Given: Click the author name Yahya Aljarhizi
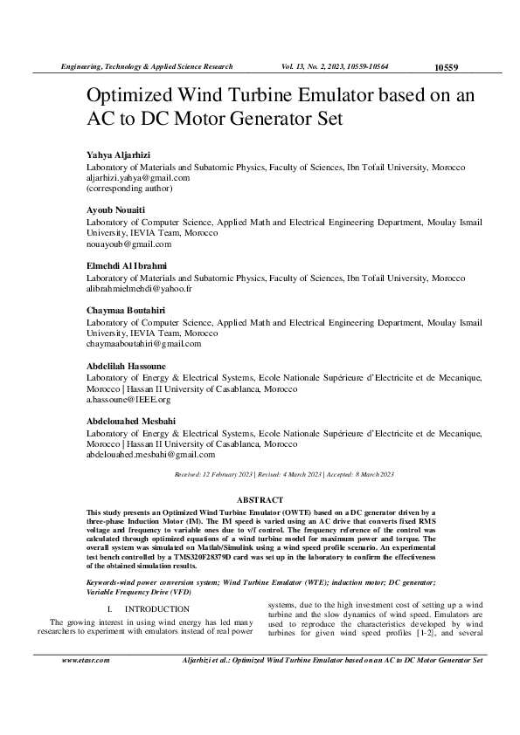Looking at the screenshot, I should tap(118, 155).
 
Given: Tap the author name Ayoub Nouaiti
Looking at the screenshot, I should tap(115, 210).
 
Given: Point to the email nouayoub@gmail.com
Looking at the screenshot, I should tap(128, 244).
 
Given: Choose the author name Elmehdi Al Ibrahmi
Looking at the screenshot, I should tap(127, 265).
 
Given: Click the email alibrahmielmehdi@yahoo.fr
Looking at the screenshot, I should tap(139, 288).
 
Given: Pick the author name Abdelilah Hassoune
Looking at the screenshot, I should tap(126, 366).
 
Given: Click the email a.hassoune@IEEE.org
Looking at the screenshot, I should tap(128, 400).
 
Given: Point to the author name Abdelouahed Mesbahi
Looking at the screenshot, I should tap(130, 422).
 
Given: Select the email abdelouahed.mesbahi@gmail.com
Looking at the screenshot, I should tap(150, 455).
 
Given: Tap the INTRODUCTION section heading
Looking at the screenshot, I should tap(156, 583).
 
